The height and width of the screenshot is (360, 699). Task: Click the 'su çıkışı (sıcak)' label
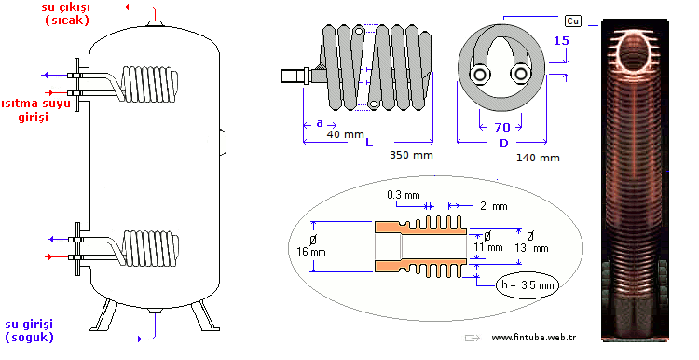(x=66, y=14)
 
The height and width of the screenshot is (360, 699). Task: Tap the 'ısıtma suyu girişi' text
(x=34, y=110)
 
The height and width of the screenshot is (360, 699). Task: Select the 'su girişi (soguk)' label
(x=30, y=330)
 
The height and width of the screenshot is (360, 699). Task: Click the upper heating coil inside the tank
(x=149, y=83)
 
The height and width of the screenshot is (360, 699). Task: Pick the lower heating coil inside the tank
(x=150, y=248)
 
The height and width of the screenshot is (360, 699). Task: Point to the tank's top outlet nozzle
(x=154, y=22)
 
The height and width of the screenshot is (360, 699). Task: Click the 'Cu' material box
(x=573, y=21)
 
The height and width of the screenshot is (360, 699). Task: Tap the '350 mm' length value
(x=411, y=155)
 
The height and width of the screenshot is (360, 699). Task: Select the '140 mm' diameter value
(x=538, y=157)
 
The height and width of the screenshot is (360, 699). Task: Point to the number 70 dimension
(x=502, y=128)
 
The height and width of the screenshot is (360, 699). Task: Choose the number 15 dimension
(x=561, y=41)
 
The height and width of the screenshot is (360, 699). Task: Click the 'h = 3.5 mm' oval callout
(x=527, y=284)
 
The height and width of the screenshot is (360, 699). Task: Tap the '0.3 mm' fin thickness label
(x=404, y=195)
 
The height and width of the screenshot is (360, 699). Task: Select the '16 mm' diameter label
(x=311, y=246)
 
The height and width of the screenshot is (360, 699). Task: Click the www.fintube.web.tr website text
(x=533, y=338)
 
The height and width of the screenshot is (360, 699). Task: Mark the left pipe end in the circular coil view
(x=480, y=74)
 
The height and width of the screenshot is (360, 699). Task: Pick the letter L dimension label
(x=369, y=144)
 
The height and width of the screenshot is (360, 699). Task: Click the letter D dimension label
(x=503, y=144)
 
